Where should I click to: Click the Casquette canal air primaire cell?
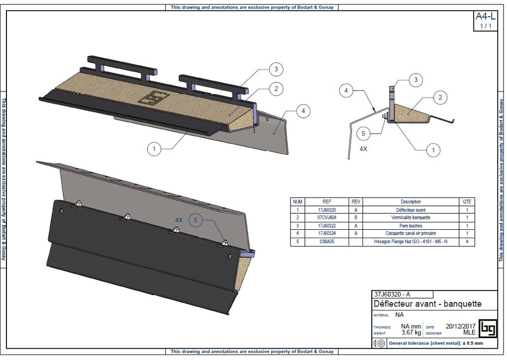[x=410, y=233]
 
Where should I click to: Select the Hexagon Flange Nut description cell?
[x=410, y=242]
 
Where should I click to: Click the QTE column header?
[x=466, y=202]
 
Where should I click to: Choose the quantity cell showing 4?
[x=466, y=242]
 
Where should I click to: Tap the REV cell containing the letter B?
[x=355, y=217]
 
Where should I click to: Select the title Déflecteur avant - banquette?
[x=427, y=304]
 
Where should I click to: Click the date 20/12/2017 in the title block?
[x=460, y=326]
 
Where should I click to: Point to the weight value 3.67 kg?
[x=411, y=333]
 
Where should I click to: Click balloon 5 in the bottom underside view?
[x=197, y=221]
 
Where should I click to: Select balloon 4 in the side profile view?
[x=347, y=91]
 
